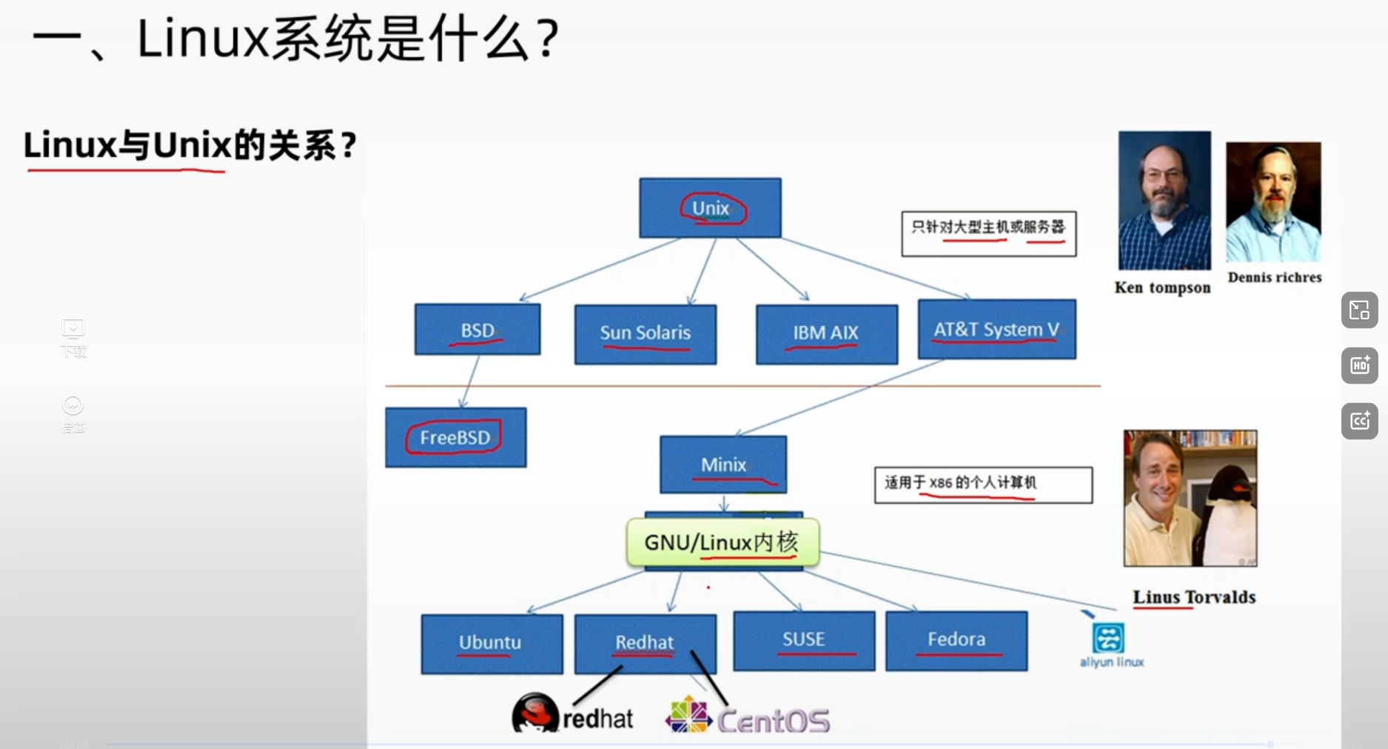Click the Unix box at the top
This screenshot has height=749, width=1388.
(710, 208)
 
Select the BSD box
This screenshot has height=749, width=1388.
(477, 330)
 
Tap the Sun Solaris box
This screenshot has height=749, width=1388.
(645, 334)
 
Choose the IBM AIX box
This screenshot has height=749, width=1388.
(826, 334)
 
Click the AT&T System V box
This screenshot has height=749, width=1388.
(996, 330)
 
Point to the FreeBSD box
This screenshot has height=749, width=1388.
(455, 437)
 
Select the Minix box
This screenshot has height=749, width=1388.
(723, 465)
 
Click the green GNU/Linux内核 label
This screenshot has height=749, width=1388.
(722, 542)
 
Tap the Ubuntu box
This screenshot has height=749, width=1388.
(491, 643)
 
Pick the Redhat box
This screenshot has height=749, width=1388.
(645, 642)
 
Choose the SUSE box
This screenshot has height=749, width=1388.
(804, 640)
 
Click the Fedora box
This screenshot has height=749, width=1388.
(956, 640)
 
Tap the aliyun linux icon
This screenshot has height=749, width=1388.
(1108, 638)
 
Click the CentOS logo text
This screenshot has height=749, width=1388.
(774, 721)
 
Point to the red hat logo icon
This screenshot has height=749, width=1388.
(534, 713)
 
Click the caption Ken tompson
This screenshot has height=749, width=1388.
(1162, 287)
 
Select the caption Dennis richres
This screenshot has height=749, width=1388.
(1274, 277)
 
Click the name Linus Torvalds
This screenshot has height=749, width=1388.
(1193, 597)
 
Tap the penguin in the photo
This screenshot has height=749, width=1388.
(1229, 519)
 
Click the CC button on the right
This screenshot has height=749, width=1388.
(1360, 422)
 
